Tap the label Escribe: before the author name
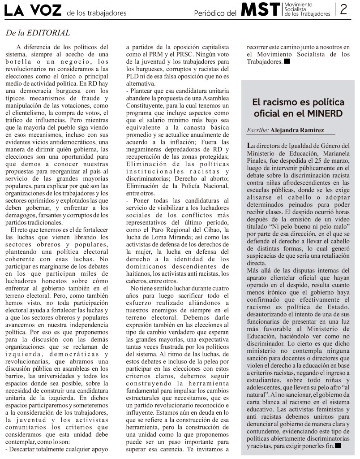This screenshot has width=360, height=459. [x=258, y=130]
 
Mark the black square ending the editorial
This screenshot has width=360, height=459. [x=287, y=62]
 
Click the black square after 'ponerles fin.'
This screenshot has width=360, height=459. [x=338, y=446]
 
